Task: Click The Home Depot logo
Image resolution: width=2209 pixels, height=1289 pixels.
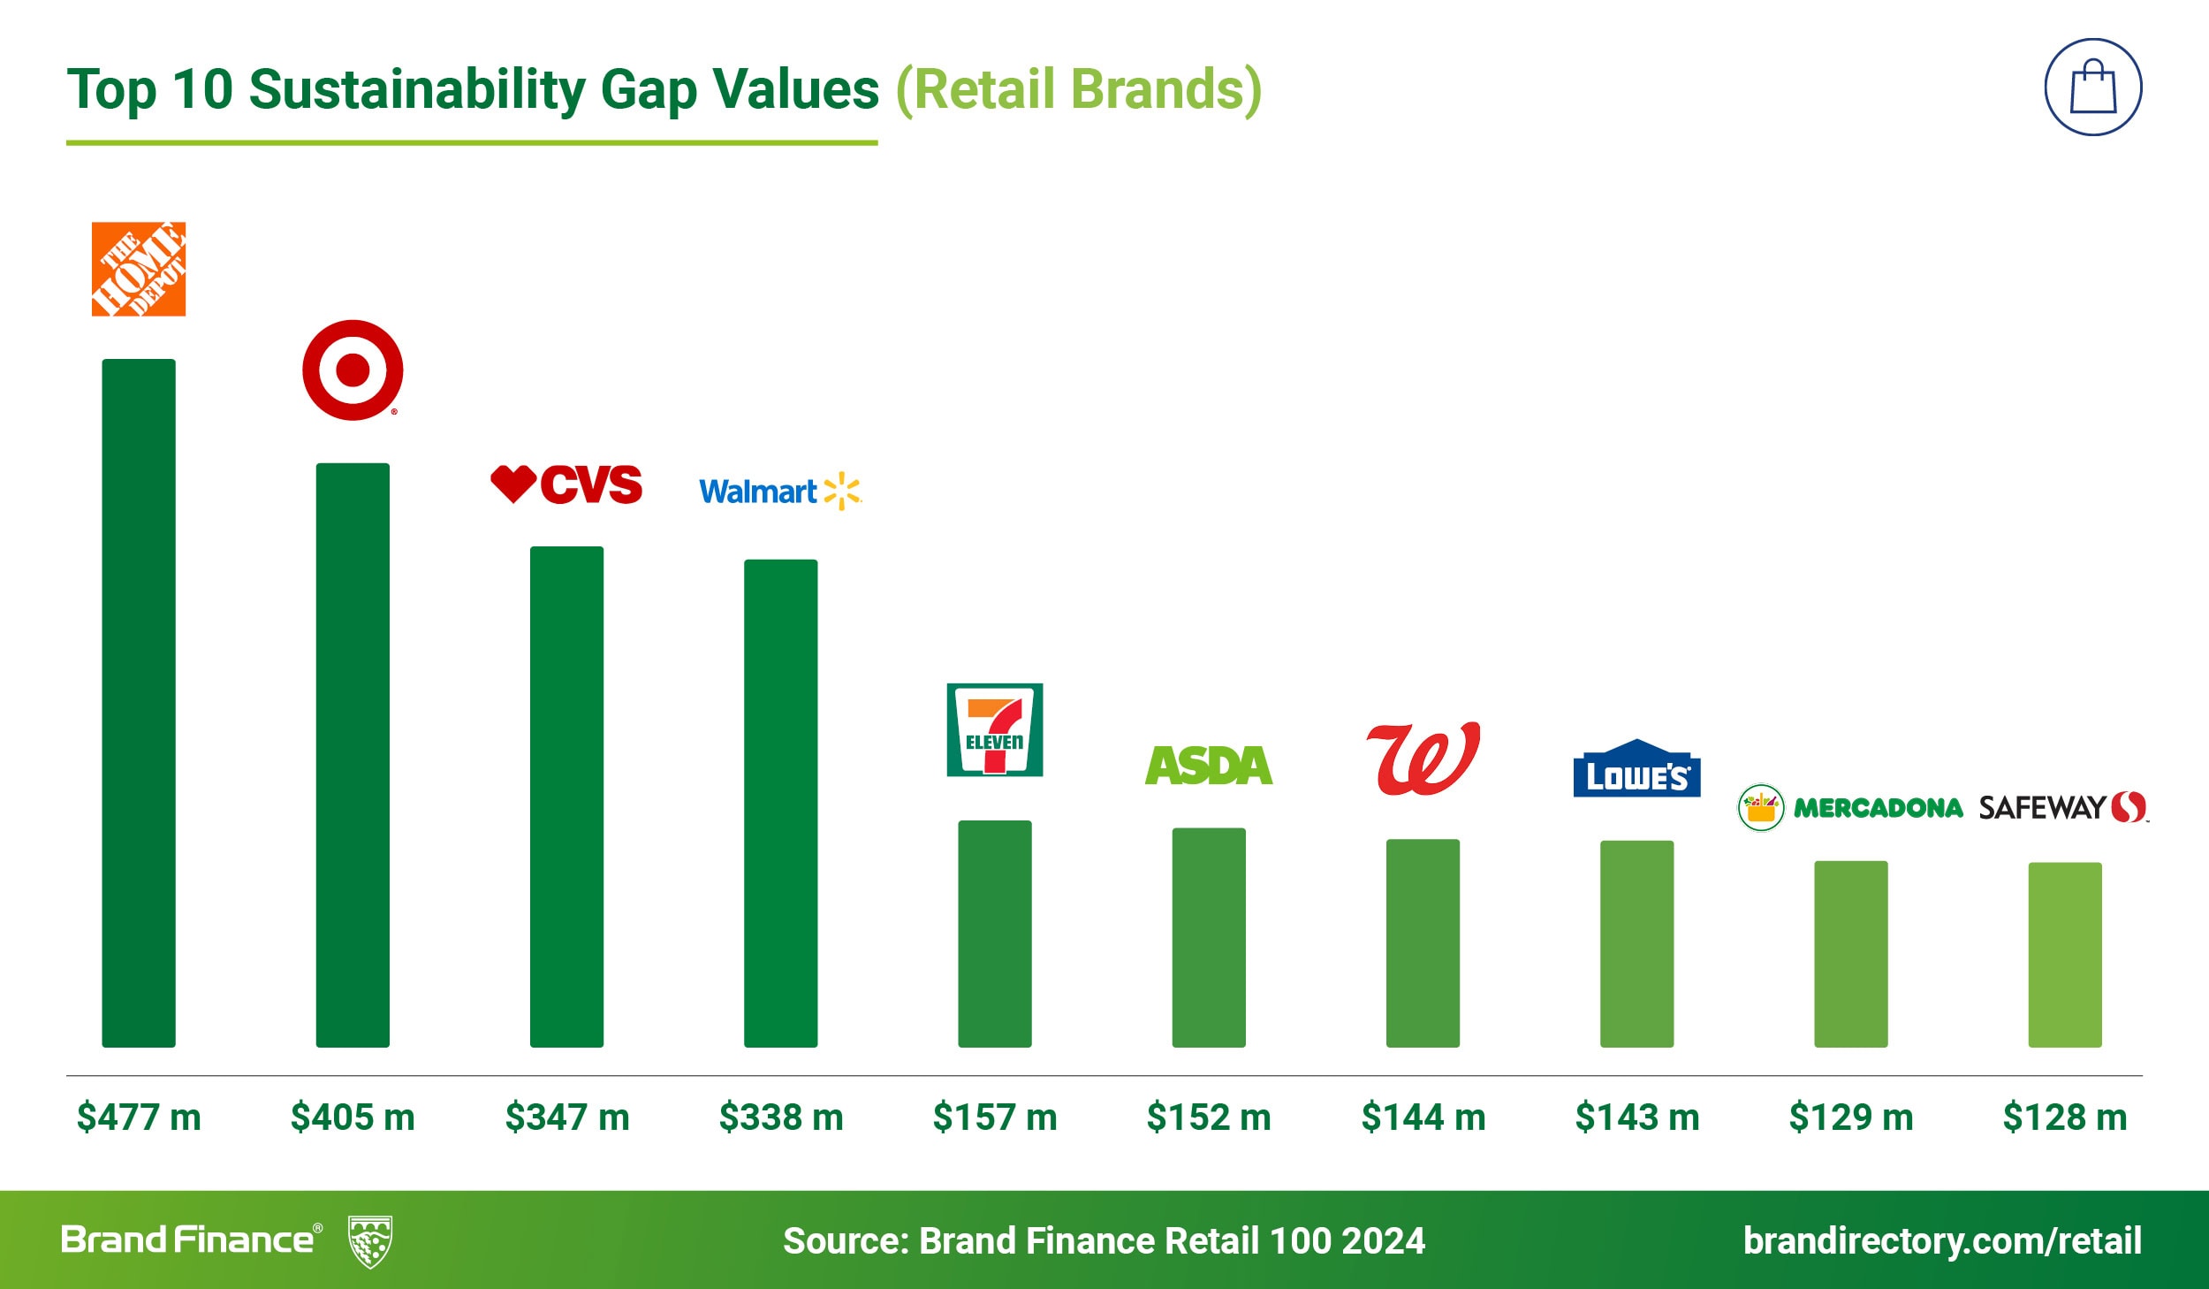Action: pos(139,269)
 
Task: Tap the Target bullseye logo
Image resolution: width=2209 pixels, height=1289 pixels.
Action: pos(353,370)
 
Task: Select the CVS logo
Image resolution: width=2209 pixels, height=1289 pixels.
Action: pos(566,484)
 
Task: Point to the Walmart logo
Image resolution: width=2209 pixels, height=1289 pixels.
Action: pos(779,491)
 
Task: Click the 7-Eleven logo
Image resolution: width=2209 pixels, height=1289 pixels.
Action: pos(994,729)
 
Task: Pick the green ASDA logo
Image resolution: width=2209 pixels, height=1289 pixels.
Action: pos(1209,766)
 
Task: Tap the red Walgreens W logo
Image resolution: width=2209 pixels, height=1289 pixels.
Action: pos(1423,759)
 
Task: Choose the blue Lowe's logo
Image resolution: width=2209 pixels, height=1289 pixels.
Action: pos(1636,769)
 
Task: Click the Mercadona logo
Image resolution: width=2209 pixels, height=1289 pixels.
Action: pos(1850,807)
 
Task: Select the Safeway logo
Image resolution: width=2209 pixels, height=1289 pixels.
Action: pos(2063,807)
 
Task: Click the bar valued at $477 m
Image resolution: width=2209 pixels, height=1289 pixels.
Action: pos(139,703)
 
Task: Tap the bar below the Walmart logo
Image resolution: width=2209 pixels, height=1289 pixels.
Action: pos(780,803)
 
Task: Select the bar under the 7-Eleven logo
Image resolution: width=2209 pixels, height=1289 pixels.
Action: pos(994,934)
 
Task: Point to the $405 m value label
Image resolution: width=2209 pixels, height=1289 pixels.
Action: pos(353,1117)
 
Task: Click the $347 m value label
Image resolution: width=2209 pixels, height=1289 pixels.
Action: pos(567,1117)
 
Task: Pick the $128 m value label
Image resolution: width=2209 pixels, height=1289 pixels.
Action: pos(2065,1117)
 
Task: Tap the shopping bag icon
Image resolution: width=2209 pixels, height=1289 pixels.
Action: pos(2093,87)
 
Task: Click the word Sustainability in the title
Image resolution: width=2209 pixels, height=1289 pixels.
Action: pos(417,90)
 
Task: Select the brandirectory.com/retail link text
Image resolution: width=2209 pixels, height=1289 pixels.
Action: pos(1942,1240)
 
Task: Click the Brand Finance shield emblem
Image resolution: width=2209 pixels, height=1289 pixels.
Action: pos(370,1240)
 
